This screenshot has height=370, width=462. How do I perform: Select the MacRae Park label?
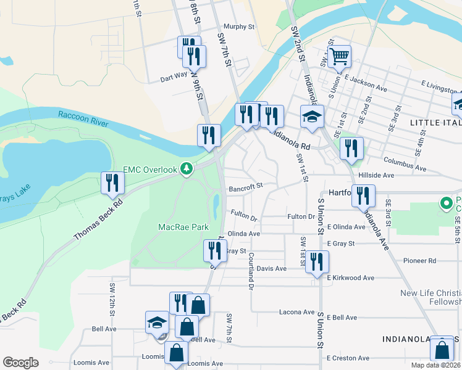[183, 227]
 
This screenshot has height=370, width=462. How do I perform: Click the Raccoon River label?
[83, 119]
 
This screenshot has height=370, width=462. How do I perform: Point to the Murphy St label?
[239, 27]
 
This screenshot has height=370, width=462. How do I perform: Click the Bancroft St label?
[246, 185]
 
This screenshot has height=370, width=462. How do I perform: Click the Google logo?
[20, 363]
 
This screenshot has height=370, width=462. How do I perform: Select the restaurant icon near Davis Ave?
[317, 261]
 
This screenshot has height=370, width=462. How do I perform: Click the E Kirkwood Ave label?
[351, 278]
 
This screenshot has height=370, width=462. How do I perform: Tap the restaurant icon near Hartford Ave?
[363, 196]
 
